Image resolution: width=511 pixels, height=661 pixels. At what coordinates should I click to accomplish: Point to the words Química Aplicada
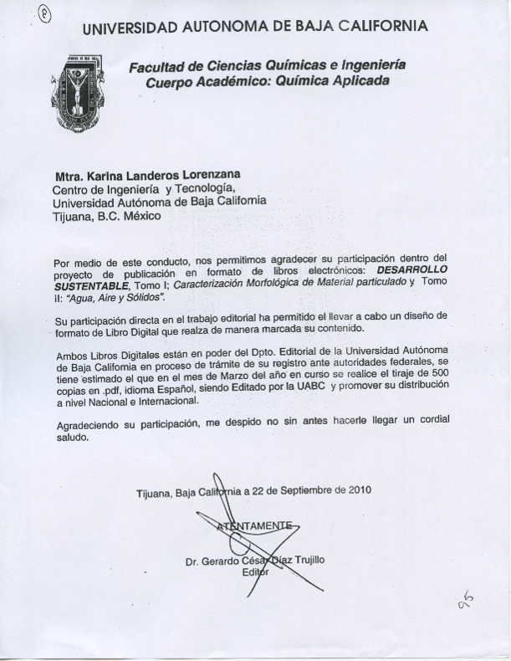click(334, 82)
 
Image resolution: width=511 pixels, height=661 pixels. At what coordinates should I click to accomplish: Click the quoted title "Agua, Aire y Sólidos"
click(117, 298)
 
